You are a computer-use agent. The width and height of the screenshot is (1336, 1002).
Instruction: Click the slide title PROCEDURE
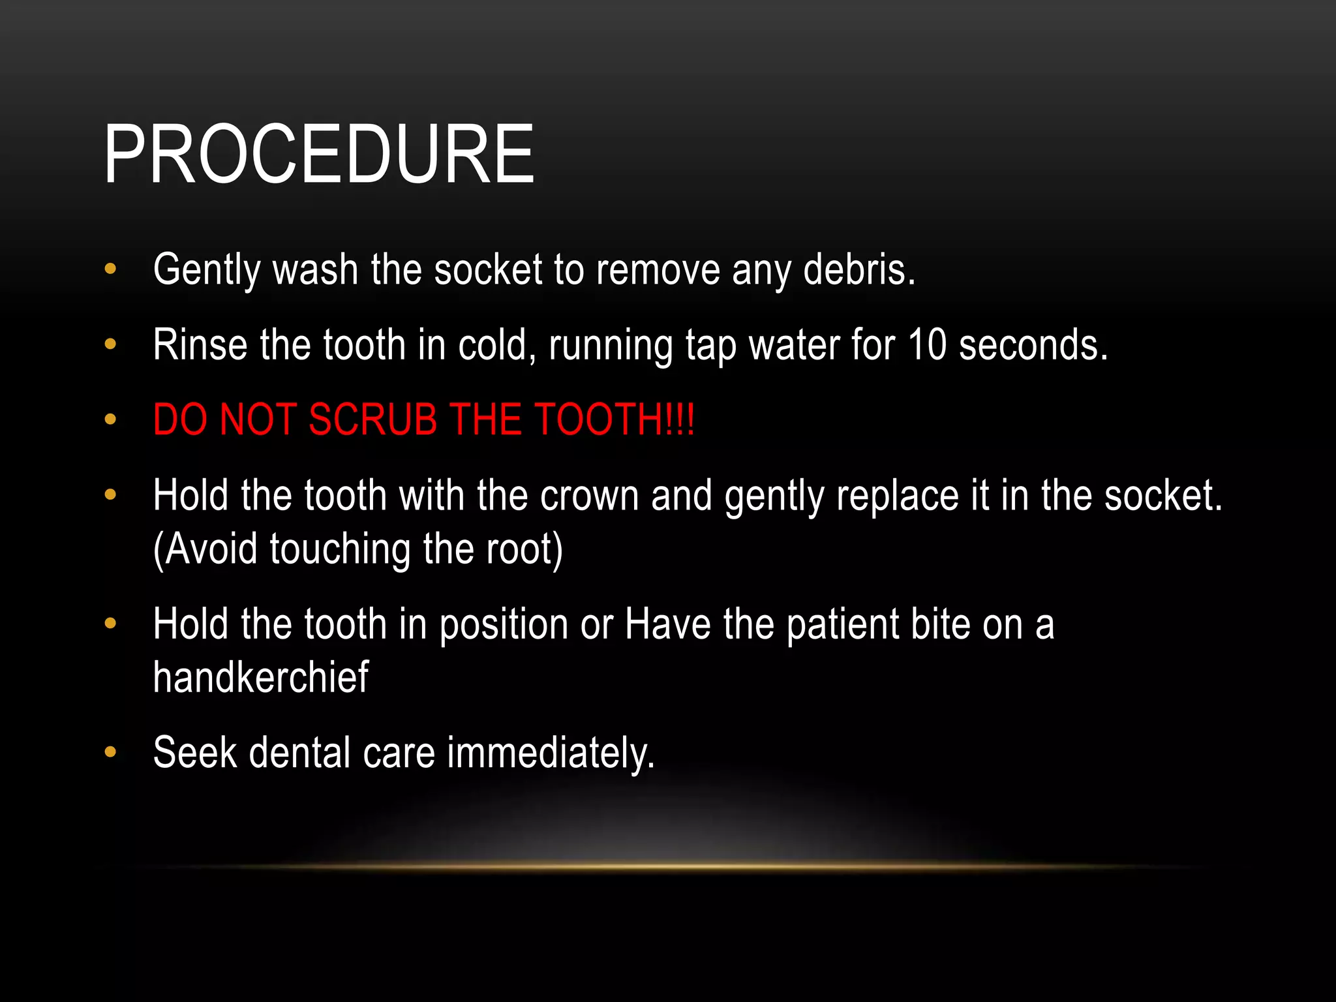(319, 155)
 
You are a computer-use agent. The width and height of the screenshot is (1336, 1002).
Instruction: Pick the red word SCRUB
(372, 419)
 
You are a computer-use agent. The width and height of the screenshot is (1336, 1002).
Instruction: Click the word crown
(589, 496)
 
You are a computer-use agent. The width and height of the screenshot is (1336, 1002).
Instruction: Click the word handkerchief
(261, 677)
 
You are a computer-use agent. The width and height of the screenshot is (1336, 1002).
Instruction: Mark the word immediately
(551, 754)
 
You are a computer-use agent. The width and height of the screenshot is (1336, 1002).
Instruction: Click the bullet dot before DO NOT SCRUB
(110, 419)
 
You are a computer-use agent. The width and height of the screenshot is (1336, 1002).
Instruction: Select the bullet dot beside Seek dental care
(110, 753)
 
